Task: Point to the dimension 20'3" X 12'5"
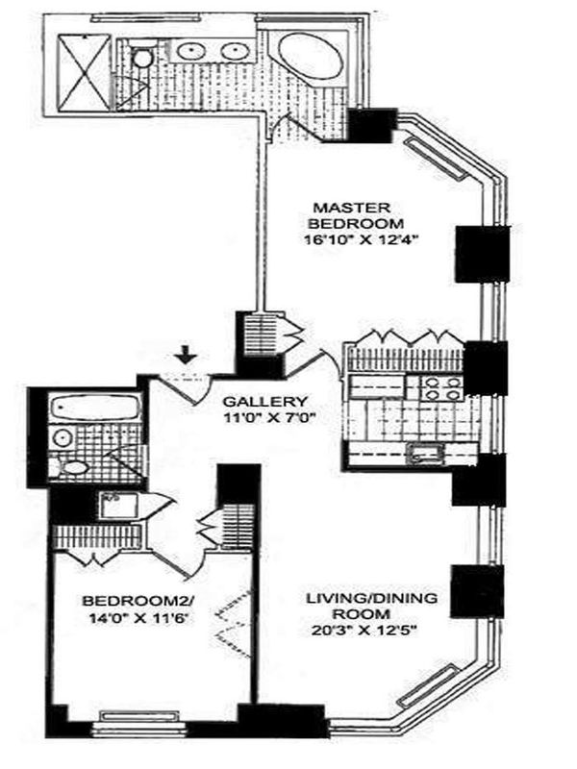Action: click(371, 632)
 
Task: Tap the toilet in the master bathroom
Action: click(141, 59)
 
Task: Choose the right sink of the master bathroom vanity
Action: click(232, 51)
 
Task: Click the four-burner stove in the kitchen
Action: click(438, 387)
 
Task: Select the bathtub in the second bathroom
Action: click(93, 409)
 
